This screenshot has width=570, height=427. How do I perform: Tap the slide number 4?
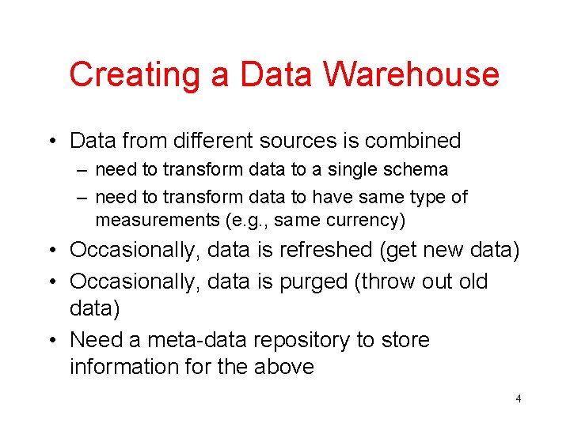click(519, 399)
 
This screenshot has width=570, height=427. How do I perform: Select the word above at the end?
click(284, 367)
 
